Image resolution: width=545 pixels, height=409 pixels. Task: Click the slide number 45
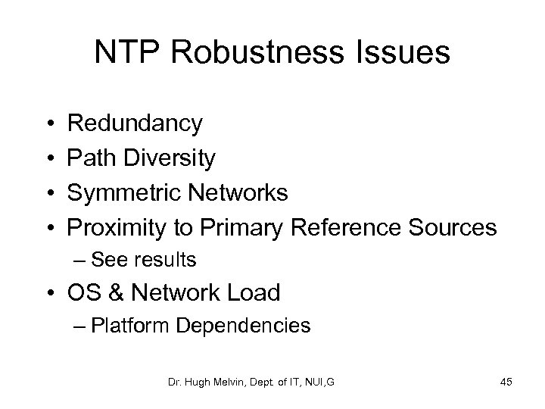tap(506, 382)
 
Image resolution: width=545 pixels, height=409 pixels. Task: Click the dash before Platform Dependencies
tap(81, 326)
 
